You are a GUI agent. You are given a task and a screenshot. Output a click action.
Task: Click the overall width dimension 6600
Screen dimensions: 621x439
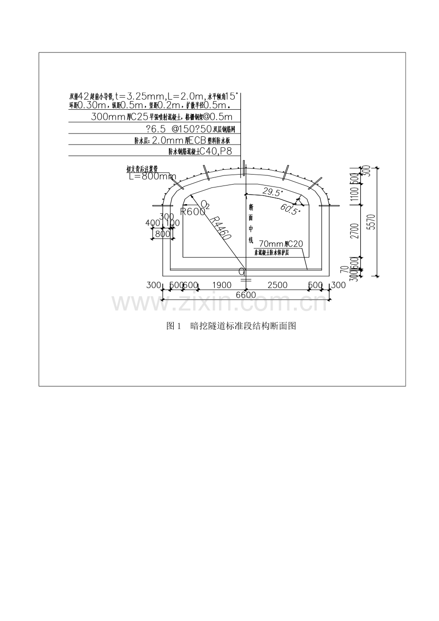coord(246,295)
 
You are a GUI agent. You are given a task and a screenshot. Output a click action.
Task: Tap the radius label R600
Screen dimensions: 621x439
coord(192,212)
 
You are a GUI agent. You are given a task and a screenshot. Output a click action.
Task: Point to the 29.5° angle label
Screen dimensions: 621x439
coord(273,192)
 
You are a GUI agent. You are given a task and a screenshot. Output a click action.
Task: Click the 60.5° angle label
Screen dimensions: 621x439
coord(291,209)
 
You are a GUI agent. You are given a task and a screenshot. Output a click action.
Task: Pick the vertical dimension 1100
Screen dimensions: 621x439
coord(353,195)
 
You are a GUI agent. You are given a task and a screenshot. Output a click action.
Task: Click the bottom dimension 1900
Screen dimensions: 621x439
coord(221,285)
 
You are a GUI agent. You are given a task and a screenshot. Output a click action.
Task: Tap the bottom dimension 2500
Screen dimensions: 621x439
coord(277,285)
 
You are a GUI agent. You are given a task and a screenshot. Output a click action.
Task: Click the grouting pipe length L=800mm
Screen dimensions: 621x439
coord(152,176)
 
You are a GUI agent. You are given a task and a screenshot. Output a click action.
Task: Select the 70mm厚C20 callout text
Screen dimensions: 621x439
coord(281,244)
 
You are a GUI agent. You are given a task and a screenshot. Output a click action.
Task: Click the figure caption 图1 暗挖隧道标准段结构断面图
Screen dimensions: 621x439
coord(231,326)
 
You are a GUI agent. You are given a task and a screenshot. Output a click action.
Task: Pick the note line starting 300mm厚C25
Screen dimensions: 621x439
coord(161,117)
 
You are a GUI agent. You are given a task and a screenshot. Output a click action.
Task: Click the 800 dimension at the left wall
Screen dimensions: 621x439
coord(163,234)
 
